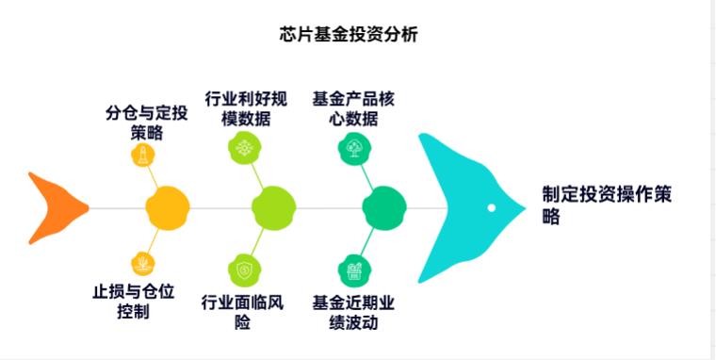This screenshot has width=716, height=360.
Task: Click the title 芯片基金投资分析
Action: pos(348,35)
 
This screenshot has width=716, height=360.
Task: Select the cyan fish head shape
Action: pos(462,206)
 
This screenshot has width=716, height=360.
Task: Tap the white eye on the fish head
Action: pos(491,207)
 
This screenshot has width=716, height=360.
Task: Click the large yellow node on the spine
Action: pos(168,207)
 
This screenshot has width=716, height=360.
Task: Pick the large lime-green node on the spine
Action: pos(274,207)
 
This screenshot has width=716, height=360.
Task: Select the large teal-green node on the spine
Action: pos(383,207)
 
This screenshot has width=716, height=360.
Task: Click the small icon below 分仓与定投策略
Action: pos(142,155)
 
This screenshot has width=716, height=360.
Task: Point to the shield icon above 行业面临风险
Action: pos(243,269)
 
